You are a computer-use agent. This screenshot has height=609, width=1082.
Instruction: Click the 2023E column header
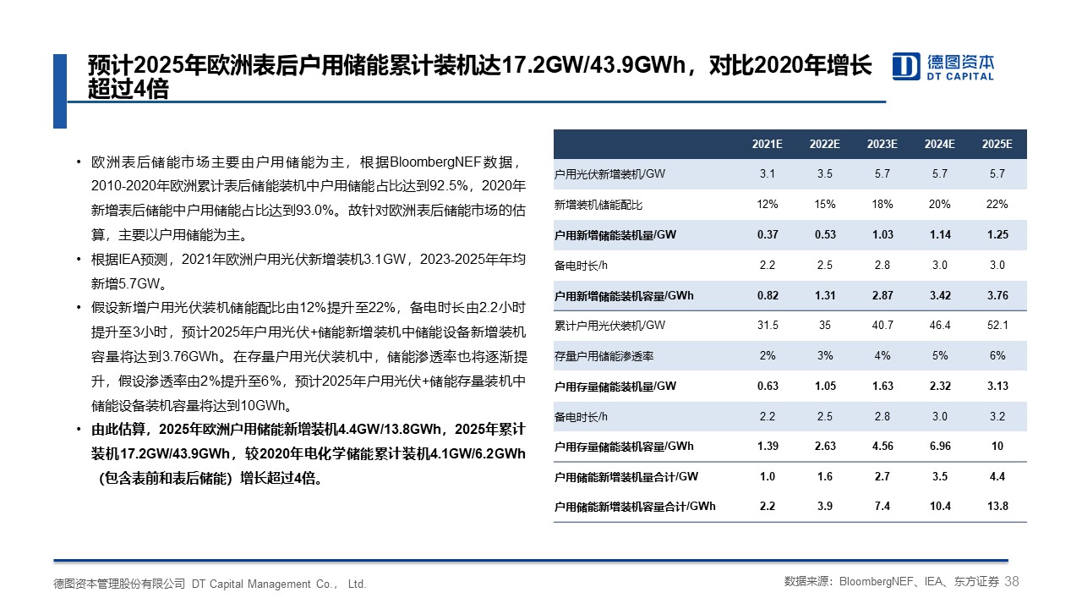click(882, 144)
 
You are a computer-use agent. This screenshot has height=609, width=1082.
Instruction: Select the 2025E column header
click(997, 144)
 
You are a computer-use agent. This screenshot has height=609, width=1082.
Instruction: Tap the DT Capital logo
click(943, 67)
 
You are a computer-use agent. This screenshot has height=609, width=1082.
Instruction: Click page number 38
click(1012, 581)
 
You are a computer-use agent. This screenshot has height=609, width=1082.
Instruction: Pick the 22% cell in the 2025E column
click(997, 205)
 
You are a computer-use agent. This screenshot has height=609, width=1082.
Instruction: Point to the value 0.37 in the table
click(768, 235)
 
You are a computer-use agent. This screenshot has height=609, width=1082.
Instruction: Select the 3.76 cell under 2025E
click(997, 295)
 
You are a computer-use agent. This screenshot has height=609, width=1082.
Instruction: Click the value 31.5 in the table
click(768, 326)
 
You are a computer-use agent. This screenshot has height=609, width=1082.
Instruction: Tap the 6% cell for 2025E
click(997, 356)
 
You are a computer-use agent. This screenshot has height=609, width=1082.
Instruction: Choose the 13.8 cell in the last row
click(997, 506)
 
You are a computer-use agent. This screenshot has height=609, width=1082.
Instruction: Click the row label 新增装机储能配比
click(598, 205)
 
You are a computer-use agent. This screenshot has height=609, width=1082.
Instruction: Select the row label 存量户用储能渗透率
click(604, 356)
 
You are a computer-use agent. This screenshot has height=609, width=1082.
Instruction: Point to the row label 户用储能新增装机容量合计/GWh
click(635, 507)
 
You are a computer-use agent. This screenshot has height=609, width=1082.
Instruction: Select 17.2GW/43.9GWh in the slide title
click(593, 65)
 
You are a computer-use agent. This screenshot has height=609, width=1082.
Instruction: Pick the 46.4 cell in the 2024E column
click(940, 326)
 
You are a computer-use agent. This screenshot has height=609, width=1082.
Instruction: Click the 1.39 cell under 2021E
click(768, 446)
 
